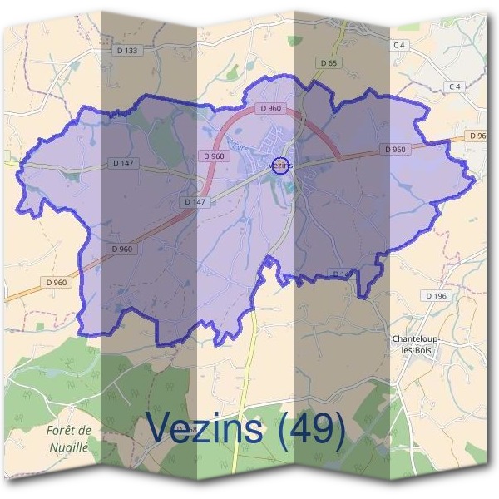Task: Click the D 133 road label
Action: (130, 51)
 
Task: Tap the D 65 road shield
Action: (329, 62)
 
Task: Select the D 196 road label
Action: (435, 295)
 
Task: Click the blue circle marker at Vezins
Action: (281, 166)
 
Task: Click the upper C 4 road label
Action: (400, 44)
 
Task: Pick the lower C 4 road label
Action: (454, 86)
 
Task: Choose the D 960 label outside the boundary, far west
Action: (57, 283)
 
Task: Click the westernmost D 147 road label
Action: (121, 164)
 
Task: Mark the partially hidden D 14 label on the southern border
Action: (341, 274)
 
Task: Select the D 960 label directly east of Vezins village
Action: (396, 150)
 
